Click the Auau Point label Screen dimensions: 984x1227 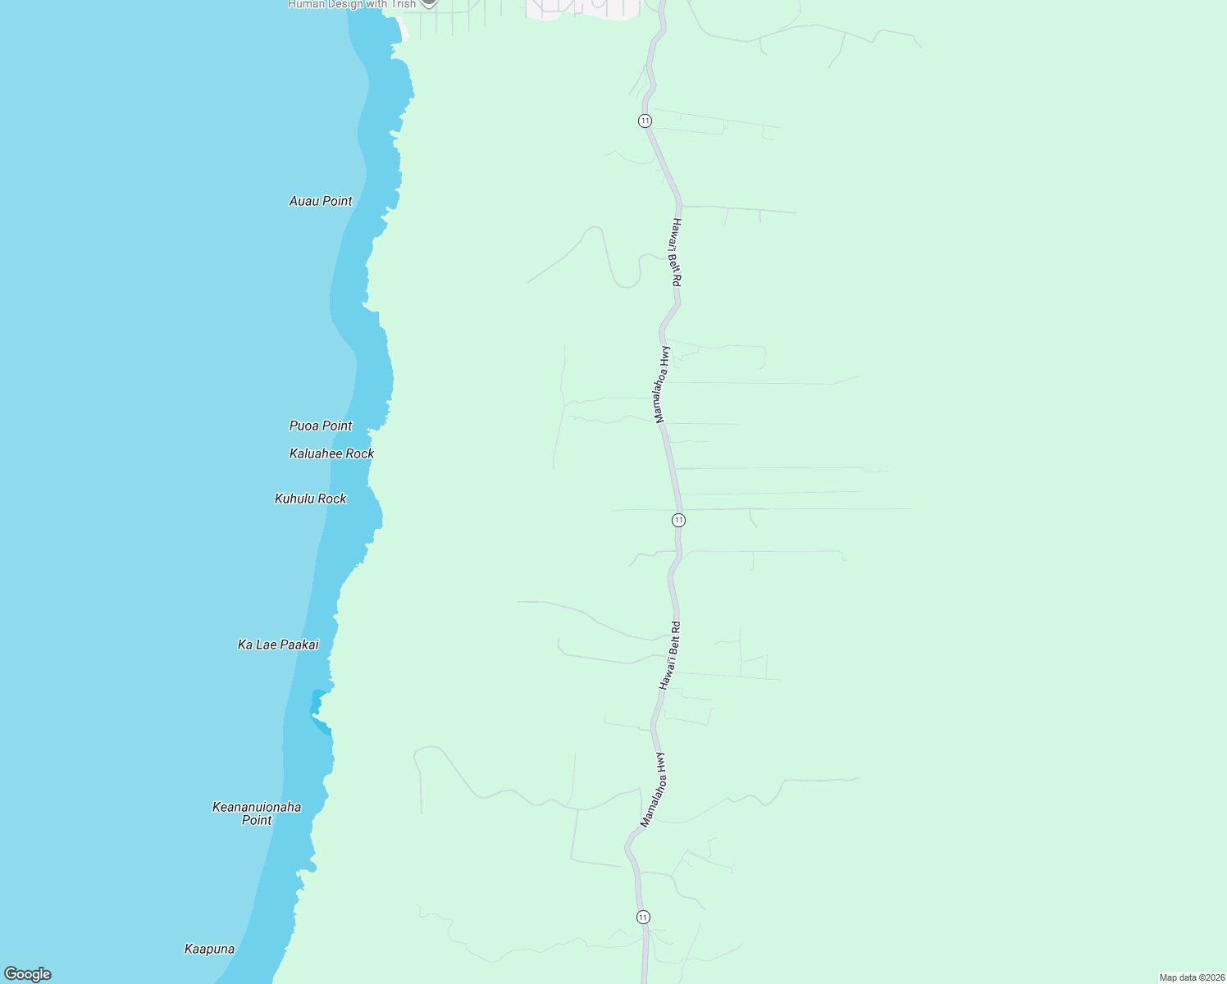click(321, 201)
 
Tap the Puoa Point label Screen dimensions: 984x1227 click(321, 426)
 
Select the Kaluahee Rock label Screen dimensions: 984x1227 click(331, 453)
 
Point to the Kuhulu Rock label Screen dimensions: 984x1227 click(310, 499)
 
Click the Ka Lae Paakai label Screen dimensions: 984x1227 click(278, 645)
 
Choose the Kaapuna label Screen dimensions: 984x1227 click(209, 949)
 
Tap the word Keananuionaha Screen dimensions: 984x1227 click(257, 807)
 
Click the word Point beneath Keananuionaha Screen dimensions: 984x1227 click(257, 820)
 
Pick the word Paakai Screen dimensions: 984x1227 click(299, 645)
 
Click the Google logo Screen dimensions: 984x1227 click(28, 974)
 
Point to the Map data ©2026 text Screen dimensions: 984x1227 click(1191, 977)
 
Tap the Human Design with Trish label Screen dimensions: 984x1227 click(352, 4)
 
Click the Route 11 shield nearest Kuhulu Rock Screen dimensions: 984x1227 click(678, 520)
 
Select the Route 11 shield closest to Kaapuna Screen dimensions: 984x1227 click(643, 917)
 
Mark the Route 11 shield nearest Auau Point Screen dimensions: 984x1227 click(645, 121)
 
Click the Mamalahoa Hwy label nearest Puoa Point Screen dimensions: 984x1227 click(662, 385)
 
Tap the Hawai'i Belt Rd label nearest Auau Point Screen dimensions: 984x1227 click(676, 252)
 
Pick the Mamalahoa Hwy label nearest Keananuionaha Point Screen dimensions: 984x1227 click(653, 790)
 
